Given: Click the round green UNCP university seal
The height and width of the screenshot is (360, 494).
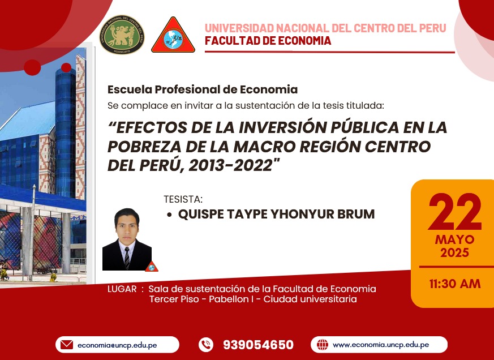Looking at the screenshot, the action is click(122, 35).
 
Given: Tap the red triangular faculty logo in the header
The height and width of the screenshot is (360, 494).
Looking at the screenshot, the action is click(173, 35).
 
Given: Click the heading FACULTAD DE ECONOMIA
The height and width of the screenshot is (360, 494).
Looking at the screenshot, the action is click(268, 41).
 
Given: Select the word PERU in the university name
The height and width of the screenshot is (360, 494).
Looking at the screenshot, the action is click(432, 28).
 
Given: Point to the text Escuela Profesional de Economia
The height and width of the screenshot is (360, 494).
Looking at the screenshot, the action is click(202, 89).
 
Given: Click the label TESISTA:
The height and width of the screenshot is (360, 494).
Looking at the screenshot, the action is click(183, 199).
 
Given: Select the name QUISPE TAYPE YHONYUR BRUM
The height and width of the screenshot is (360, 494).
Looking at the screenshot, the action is click(276, 214).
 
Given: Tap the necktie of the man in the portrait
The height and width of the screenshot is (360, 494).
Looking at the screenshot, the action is click(127, 258).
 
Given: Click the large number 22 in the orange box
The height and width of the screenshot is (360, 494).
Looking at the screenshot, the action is click(454, 212).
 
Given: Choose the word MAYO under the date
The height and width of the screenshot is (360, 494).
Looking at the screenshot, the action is click(454, 240).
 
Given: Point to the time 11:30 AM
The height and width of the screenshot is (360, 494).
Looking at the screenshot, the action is click(454, 284).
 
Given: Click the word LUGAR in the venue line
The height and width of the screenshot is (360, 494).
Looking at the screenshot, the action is click(122, 289).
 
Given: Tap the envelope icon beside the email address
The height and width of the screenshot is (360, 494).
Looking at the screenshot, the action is click(66, 345).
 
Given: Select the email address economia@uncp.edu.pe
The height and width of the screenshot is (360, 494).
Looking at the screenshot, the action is click(117, 345).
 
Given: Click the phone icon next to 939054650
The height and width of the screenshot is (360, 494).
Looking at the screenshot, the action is click(206, 345).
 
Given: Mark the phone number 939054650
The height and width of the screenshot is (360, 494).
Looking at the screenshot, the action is click(259, 345).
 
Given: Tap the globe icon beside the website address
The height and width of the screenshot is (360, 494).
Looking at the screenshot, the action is click(323, 345).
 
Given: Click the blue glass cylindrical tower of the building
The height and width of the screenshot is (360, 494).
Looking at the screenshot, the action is click(66, 132).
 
